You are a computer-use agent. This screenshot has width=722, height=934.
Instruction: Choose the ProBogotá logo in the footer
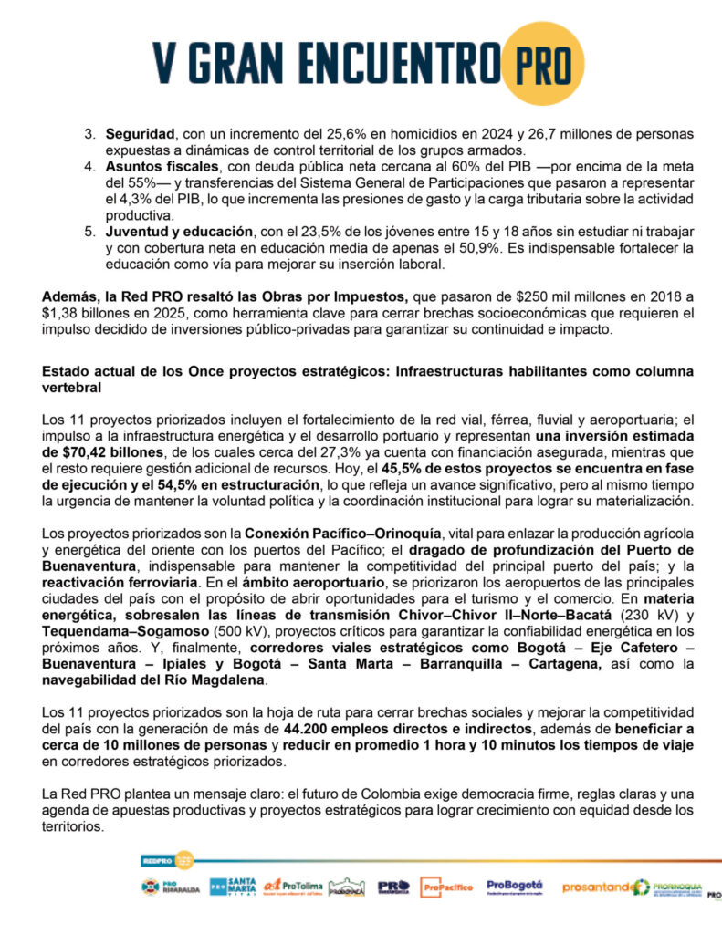pos(515,886)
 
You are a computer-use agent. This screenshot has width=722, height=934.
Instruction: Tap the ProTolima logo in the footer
pos(290,886)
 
